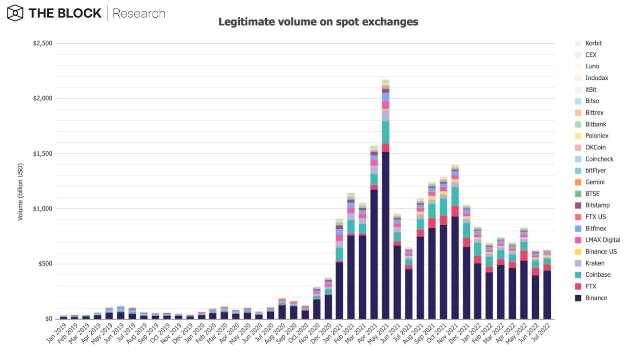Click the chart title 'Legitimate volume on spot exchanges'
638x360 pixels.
click(x=318, y=22)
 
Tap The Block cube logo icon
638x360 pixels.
click(x=15, y=13)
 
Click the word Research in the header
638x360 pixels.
click(x=139, y=13)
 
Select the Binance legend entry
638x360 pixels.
click(x=596, y=298)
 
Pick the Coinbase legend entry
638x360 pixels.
click(x=598, y=275)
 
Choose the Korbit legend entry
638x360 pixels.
click(x=593, y=43)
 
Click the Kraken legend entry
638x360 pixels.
click(x=595, y=263)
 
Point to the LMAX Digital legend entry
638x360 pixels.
click(x=603, y=240)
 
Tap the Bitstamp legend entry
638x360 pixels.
click(x=597, y=205)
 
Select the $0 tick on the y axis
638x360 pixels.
click(x=48, y=319)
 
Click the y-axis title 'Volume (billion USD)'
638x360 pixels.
click(x=20, y=192)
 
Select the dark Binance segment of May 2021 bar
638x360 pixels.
click(x=385, y=235)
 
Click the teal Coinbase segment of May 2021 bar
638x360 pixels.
click(x=385, y=132)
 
